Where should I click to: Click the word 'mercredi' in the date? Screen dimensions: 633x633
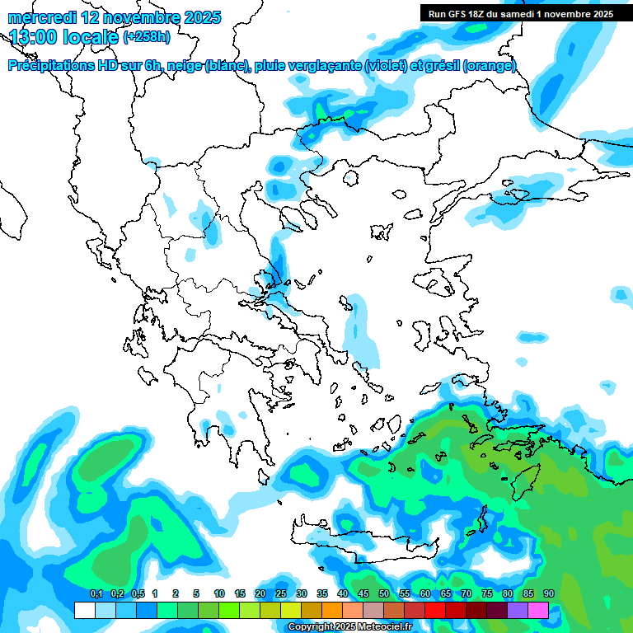click(x=42, y=17)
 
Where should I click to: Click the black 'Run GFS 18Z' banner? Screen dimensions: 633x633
click(x=520, y=14)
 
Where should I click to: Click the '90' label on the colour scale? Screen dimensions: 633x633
click(x=549, y=594)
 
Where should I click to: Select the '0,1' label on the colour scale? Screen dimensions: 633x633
click(x=96, y=594)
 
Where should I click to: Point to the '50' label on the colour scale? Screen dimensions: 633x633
click(x=384, y=594)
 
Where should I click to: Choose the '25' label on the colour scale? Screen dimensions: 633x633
click(x=281, y=594)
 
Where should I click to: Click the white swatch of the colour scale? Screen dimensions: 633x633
click(x=84, y=611)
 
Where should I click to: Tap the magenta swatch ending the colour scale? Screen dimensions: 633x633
click(x=538, y=611)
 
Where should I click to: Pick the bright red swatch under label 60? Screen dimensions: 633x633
click(x=435, y=611)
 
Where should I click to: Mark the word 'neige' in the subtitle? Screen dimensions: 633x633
click(x=184, y=66)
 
